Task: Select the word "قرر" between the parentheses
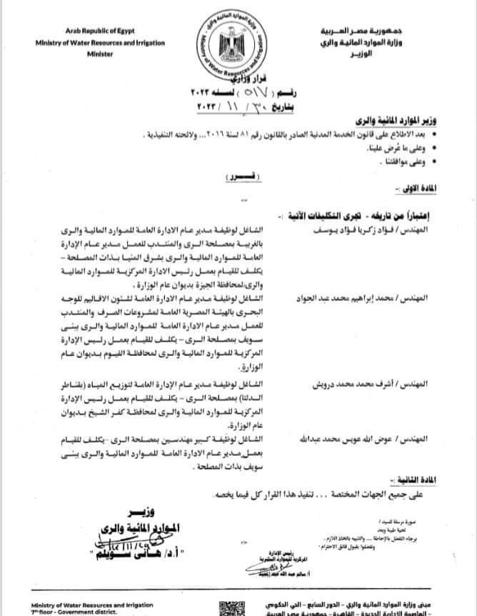pos(243,174)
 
